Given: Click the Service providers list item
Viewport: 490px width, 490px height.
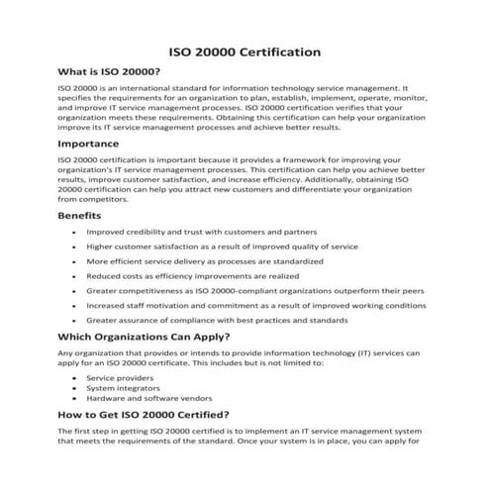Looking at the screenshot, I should point(114,378).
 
